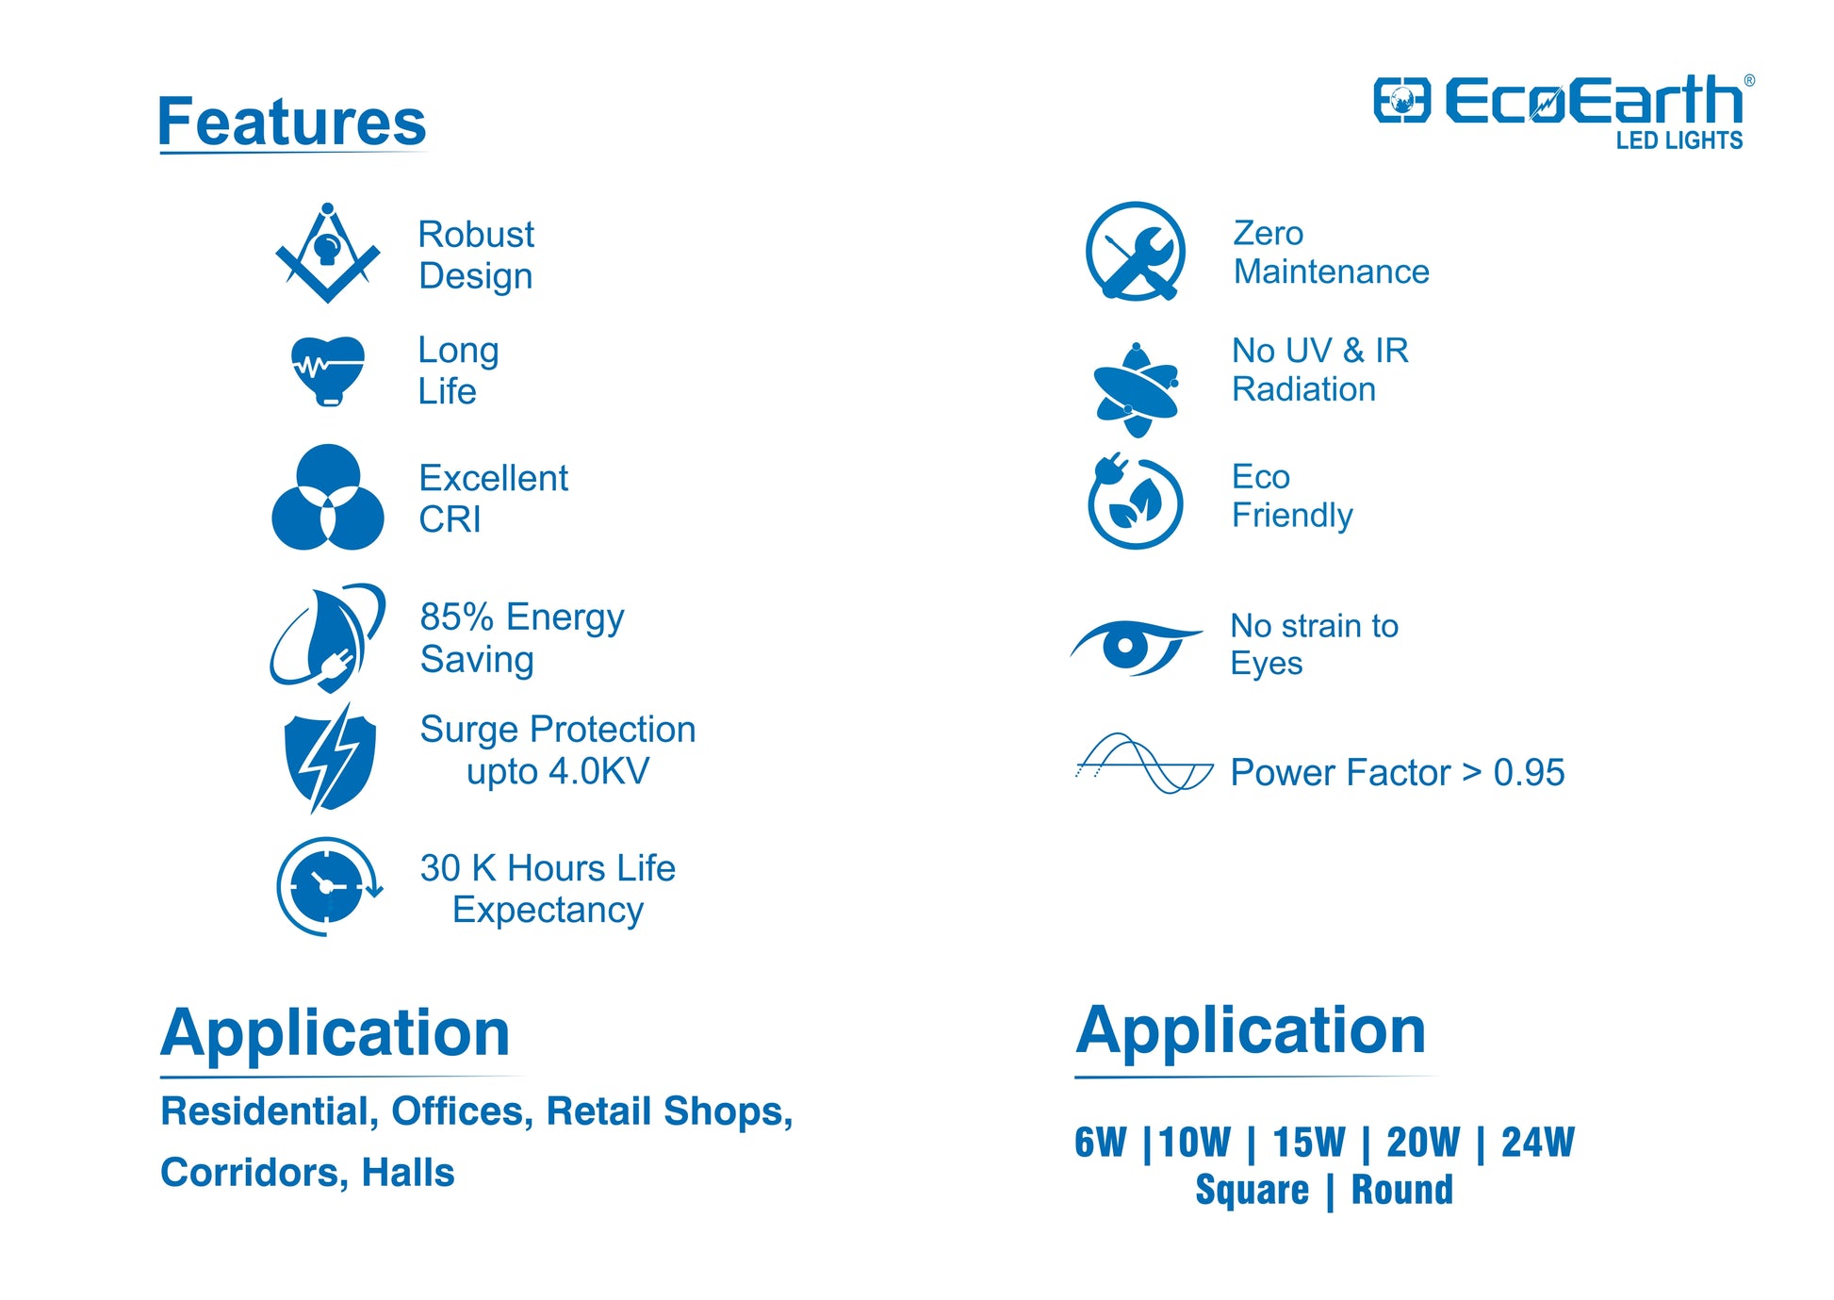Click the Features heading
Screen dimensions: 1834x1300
tap(292, 123)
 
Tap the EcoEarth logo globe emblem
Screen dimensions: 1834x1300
tap(1401, 100)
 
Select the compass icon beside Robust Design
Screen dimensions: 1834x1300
tap(327, 252)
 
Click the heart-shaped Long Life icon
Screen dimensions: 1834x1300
tap(327, 370)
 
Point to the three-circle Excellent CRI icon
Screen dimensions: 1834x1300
tap(327, 497)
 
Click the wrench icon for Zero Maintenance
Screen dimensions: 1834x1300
tap(1135, 251)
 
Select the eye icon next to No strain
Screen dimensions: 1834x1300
tap(1135, 647)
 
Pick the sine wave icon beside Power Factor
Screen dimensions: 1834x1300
tap(1144, 763)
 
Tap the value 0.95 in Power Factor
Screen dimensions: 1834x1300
tap(1529, 773)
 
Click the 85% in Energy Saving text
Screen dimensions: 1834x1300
tap(457, 617)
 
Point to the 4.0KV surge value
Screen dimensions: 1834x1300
tap(598, 771)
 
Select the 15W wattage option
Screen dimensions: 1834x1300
tap(1308, 1143)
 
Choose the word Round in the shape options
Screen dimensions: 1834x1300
tap(1402, 1190)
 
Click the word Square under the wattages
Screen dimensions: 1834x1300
tap(1253, 1191)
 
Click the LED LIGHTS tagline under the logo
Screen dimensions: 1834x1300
tap(1679, 140)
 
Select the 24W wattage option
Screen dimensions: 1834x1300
tap(1537, 1143)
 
